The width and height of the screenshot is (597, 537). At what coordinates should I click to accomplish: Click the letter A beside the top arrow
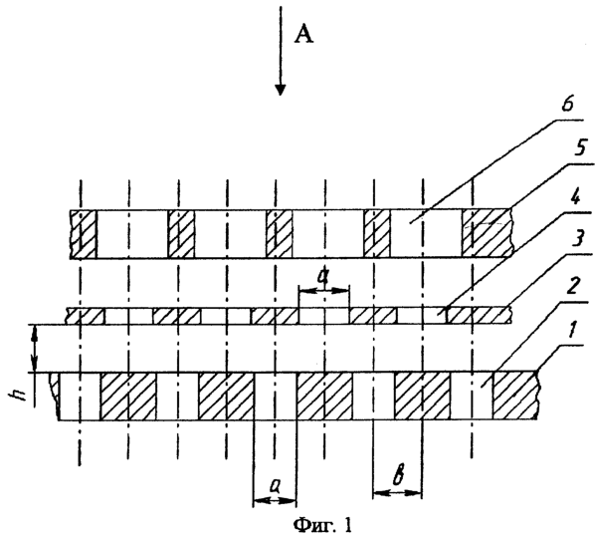[304, 34]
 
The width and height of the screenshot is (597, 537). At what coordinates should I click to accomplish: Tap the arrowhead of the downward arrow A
[281, 90]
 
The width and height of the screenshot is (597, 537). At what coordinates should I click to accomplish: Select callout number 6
[567, 106]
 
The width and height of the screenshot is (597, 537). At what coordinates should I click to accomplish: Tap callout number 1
[571, 331]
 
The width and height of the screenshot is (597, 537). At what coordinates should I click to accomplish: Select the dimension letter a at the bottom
[275, 486]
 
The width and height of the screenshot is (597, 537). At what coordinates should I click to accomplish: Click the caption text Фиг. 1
[322, 526]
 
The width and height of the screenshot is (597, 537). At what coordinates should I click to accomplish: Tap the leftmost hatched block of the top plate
[83, 234]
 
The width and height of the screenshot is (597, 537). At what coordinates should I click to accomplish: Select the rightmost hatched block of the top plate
[487, 233]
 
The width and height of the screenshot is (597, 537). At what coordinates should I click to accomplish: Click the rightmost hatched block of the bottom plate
[515, 396]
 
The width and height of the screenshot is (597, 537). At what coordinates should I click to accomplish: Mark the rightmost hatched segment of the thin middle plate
[480, 316]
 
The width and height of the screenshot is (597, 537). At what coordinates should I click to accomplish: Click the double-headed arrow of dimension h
[35, 349]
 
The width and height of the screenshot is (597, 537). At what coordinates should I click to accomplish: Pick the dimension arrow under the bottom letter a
[275, 500]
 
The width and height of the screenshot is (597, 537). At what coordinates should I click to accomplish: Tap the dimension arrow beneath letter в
[397, 493]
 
